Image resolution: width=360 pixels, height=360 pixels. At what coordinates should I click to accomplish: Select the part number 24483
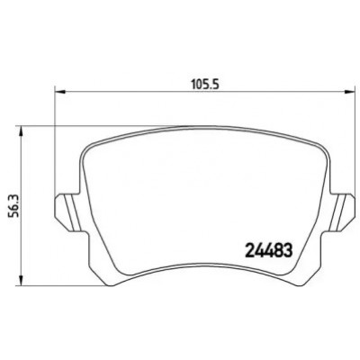point(268,250)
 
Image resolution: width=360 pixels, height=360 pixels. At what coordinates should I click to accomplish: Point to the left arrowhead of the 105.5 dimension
point(60,91)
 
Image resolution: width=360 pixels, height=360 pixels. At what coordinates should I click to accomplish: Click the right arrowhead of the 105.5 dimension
point(349,91)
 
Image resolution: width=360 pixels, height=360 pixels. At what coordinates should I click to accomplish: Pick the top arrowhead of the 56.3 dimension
point(21,131)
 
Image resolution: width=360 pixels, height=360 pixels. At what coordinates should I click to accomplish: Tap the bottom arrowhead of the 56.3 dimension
point(21,280)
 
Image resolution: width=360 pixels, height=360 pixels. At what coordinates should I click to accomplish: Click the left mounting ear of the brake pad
point(67,212)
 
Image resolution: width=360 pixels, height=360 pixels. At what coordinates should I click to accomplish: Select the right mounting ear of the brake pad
point(343,212)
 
